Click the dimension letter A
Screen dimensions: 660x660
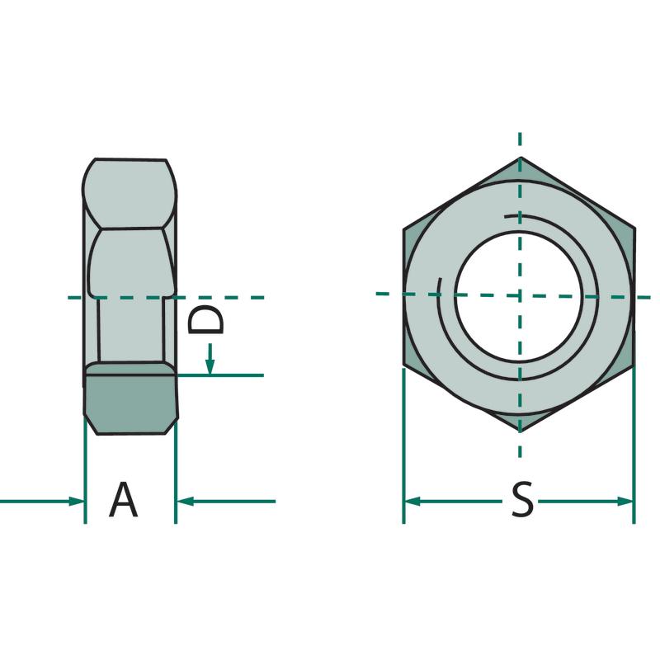point(123,500)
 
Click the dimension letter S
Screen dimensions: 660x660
point(522,500)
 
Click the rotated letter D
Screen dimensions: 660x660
point(205,319)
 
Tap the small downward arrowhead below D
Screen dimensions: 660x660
point(210,367)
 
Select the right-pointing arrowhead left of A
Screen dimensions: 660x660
point(77,502)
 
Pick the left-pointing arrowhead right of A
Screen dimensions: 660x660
point(184,502)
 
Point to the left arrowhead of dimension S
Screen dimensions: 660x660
point(412,502)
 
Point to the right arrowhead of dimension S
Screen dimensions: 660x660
point(625,502)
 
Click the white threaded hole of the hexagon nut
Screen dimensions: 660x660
point(521,296)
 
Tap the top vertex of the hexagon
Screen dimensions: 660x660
point(521,158)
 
